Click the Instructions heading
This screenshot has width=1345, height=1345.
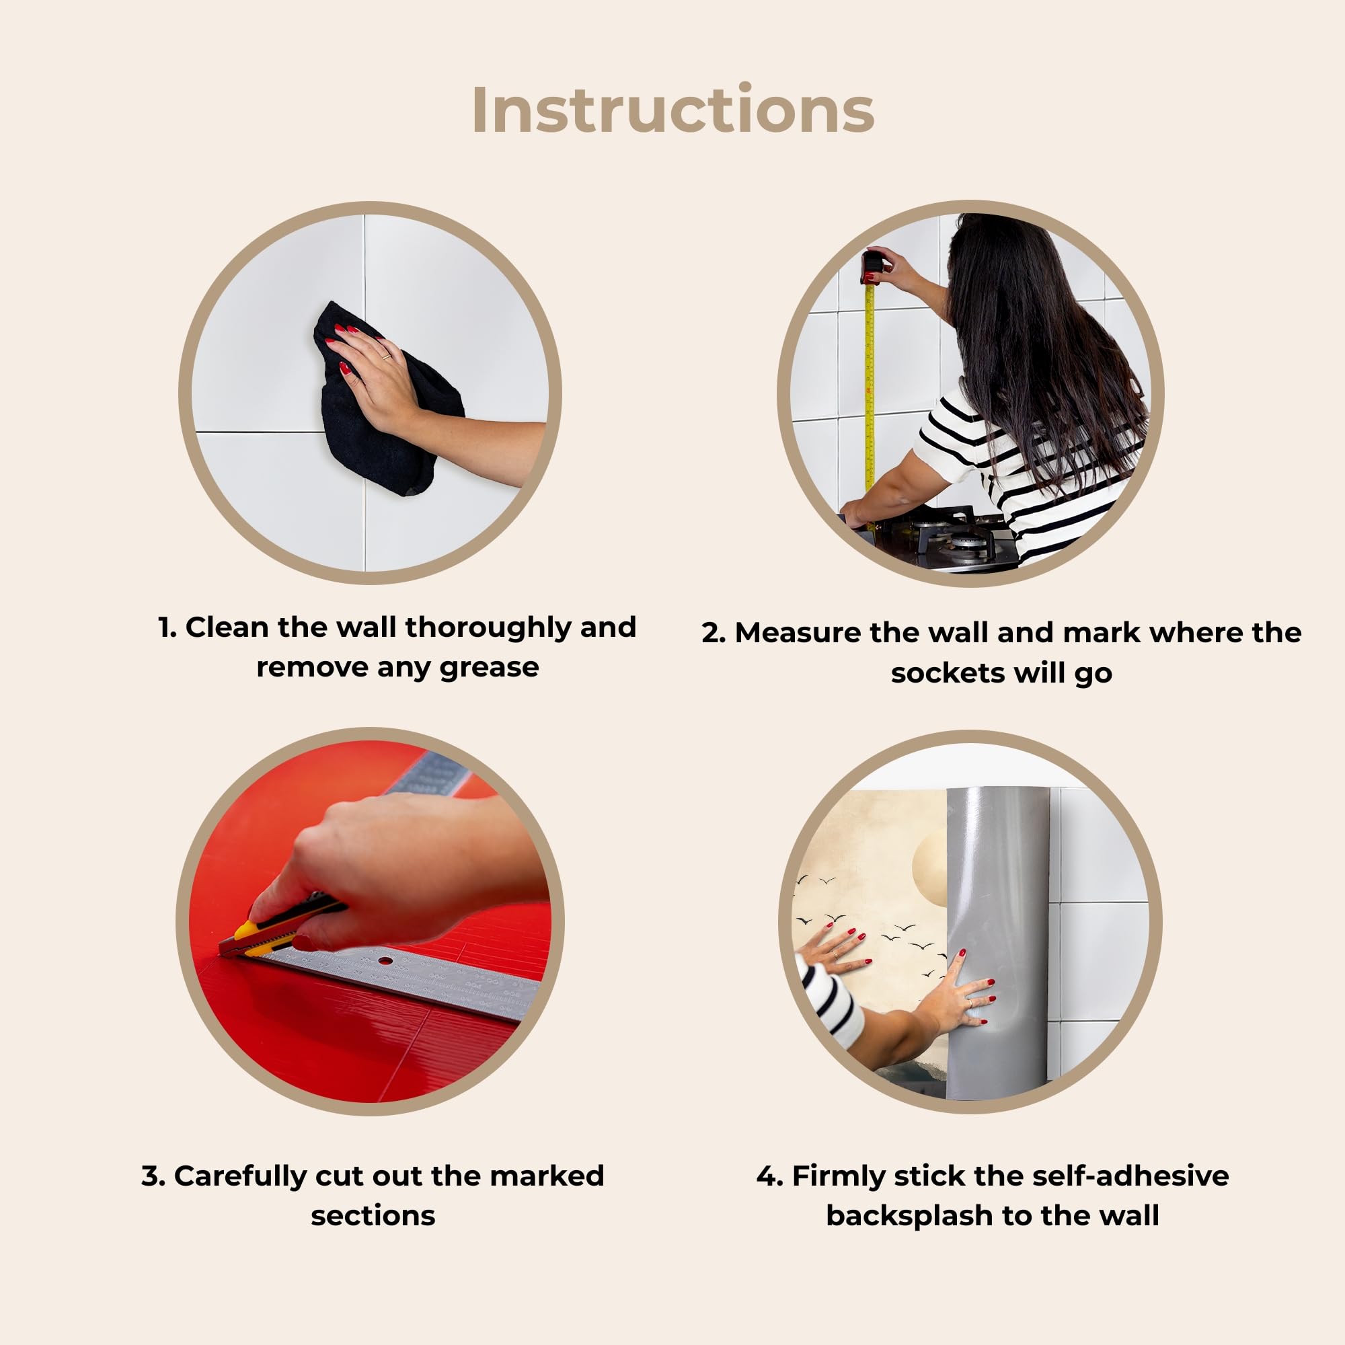tap(672, 110)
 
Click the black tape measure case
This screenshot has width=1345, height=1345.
tap(872, 266)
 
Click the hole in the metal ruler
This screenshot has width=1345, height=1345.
tap(384, 962)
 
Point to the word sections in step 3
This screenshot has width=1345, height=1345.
tap(373, 1215)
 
